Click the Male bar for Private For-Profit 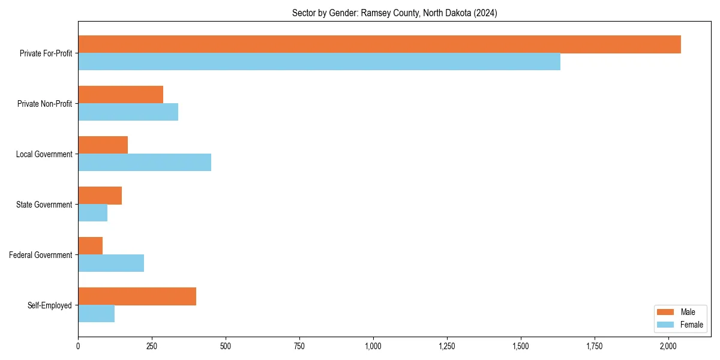click(379, 44)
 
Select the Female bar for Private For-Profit click(319, 62)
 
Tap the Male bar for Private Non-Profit click(121, 95)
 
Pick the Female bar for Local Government click(145, 163)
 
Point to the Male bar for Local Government click(103, 145)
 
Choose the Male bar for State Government click(100, 196)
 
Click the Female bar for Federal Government click(111, 263)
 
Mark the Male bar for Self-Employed click(137, 296)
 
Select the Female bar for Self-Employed click(96, 314)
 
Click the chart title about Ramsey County click(394, 13)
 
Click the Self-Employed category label click(50, 305)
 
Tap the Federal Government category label click(41, 255)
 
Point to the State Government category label click(44, 205)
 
